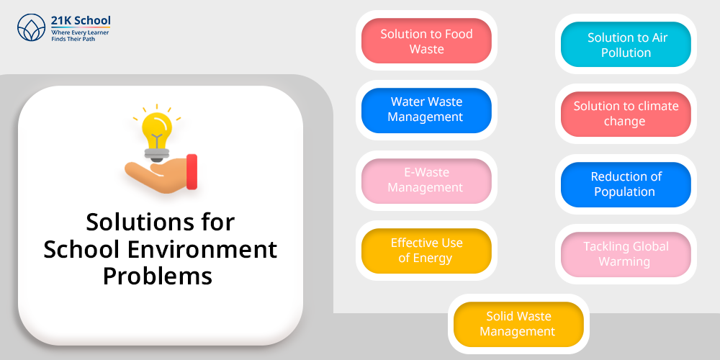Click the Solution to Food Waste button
pos(426,41)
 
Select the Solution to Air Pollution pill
pos(626,45)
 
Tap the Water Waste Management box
pos(426,111)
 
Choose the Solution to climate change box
pos(626,114)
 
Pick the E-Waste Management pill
pos(426,181)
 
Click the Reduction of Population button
pos(626,184)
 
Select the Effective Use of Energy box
pos(426,251)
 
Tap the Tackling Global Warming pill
pos(626,254)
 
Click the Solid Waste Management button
pos(518,324)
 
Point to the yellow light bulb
pos(156,130)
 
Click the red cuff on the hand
pos(192,172)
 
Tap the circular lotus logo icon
pos(31,27)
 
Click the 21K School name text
pos(81,21)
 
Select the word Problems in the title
pos(158,276)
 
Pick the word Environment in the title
pos(202,249)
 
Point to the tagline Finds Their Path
pos(73,39)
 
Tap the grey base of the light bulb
pos(156,154)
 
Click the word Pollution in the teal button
pos(626,53)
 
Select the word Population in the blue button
pos(624,192)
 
